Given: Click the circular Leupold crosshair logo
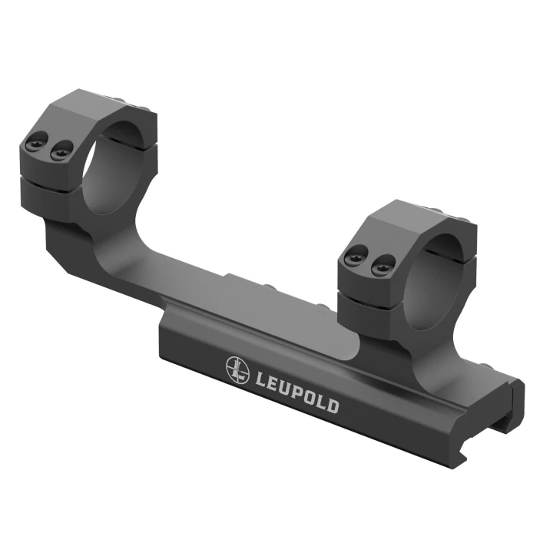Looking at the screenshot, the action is click(x=237, y=369).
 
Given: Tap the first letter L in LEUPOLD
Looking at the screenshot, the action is click(x=260, y=379).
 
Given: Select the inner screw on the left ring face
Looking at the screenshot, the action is click(x=61, y=150).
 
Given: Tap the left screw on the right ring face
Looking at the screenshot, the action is click(x=355, y=256).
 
